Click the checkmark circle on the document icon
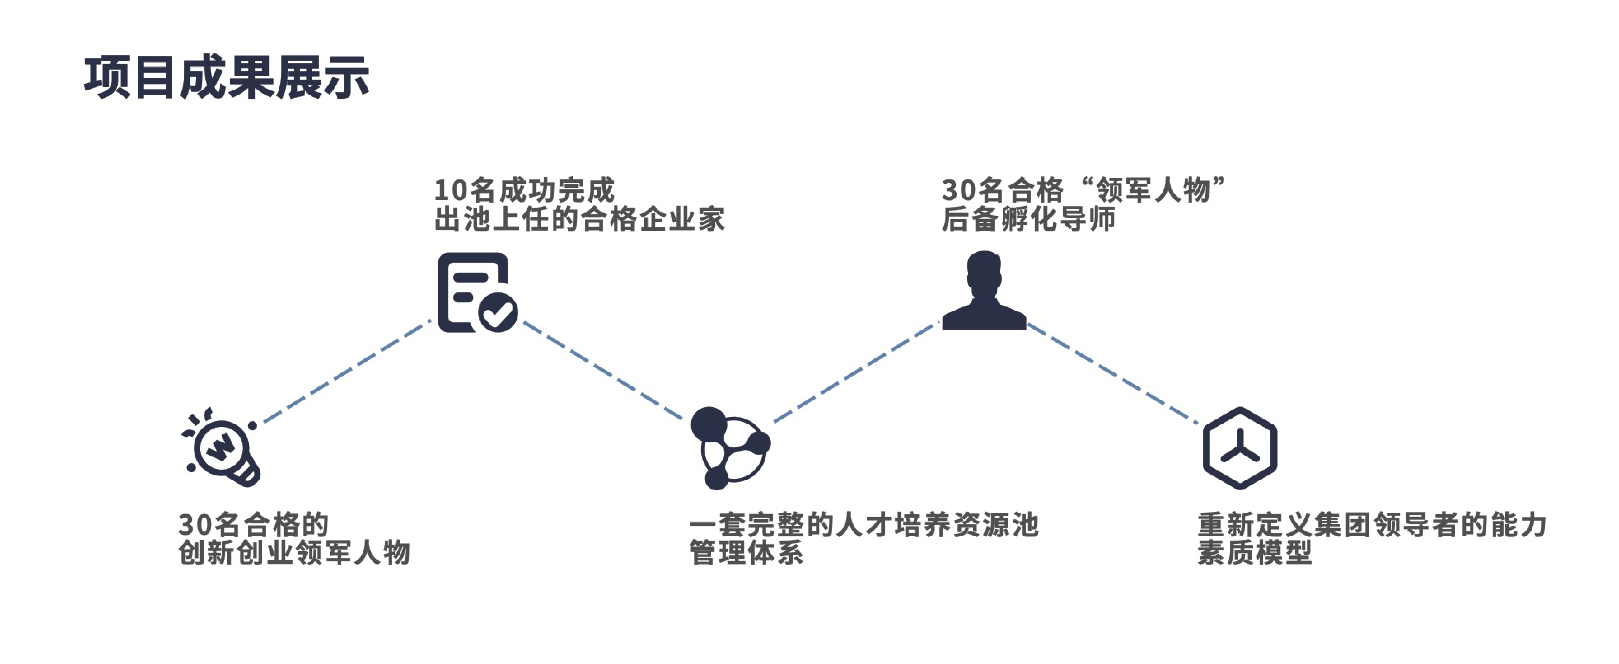(x=498, y=312)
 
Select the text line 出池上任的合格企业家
(x=580, y=219)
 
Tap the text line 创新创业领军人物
(x=294, y=553)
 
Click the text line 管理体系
(x=746, y=553)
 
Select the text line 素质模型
(x=1254, y=553)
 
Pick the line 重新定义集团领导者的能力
(x=1372, y=524)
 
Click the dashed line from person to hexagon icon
(x=1112, y=374)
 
